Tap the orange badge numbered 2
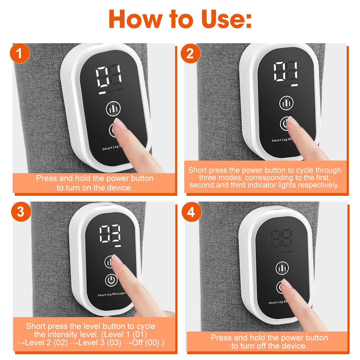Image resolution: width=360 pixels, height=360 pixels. coord(190,54)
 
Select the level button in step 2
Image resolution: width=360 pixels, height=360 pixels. coord(286,103)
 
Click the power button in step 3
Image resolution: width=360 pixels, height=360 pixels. coord(111,280)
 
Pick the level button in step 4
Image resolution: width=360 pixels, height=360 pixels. coord(282,268)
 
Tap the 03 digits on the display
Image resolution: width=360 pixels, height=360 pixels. coord(110,234)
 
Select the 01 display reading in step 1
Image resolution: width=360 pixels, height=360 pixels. coord(109,76)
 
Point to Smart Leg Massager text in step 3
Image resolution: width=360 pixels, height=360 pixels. coord(112,294)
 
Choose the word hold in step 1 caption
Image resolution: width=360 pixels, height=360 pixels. coord(84,179)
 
